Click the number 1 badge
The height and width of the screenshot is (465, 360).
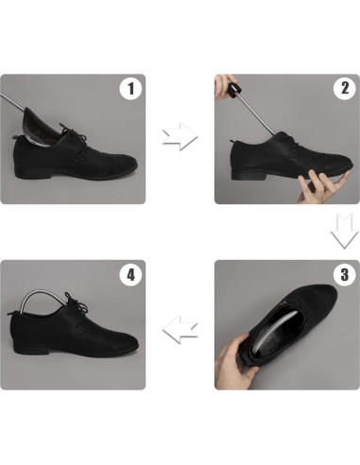(x=130, y=90)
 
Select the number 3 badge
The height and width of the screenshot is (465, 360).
(x=344, y=277)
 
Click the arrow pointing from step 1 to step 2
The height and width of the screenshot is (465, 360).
(x=180, y=138)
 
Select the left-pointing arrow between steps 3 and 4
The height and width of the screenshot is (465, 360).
(x=180, y=329)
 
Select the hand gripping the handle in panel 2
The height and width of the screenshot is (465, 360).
(x=228, y=87)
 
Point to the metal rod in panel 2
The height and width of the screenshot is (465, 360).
(x=250, y=114)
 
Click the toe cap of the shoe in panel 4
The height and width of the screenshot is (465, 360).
(x=123, y=341)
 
